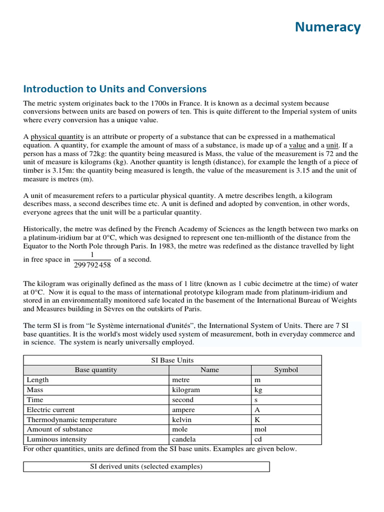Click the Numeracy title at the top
point(327,27)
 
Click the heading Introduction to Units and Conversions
point(114,89)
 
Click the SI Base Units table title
point(172,360)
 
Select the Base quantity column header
point(96,370)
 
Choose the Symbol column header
point(286,370)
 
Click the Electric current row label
point(50,410)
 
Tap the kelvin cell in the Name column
point(181,420)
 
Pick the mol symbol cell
point(260,429)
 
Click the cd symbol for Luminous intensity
point(258,439)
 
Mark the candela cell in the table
point(184,439)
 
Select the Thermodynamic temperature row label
point(71,420)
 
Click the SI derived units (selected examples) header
point(146,466)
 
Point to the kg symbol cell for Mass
point(258,390)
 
